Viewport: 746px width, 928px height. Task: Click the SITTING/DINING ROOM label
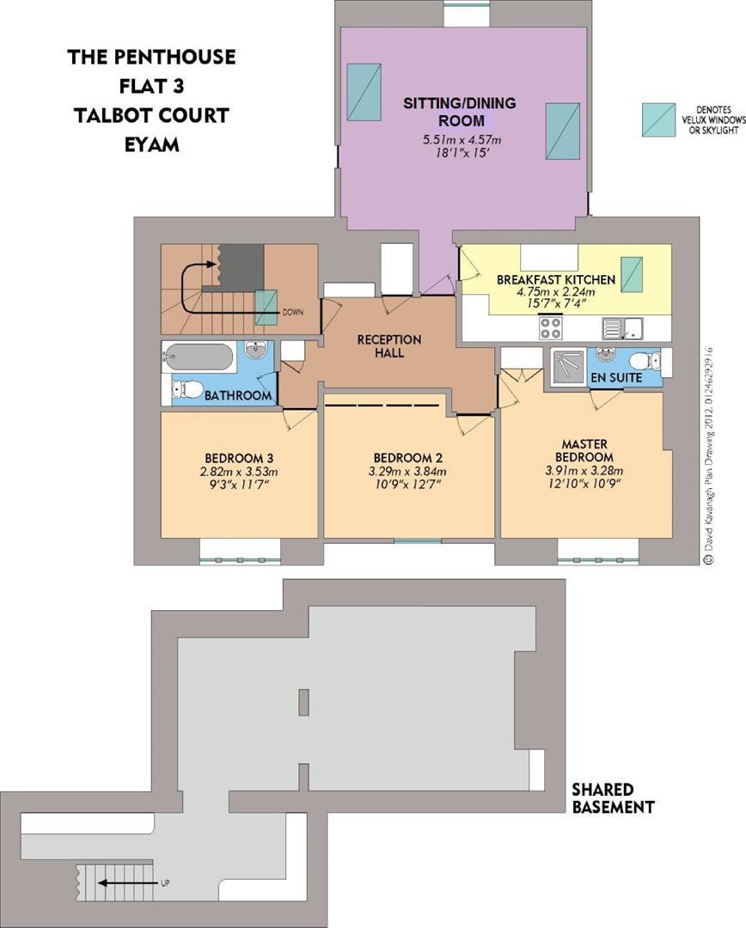point(460,112)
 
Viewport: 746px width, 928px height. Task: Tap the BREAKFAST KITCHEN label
point(555,280)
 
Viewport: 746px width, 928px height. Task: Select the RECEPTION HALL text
point(389,345)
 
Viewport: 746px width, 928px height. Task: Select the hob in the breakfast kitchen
point(550,327)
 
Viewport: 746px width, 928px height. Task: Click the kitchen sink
point(619,327)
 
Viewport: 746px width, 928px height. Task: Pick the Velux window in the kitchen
point(633,274)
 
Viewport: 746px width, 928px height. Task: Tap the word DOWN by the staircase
point(292,313)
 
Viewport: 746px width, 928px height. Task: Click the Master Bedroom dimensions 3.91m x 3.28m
point(583,471)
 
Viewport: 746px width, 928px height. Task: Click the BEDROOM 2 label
point(408,456)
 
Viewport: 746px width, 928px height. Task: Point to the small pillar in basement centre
point(303,703)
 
